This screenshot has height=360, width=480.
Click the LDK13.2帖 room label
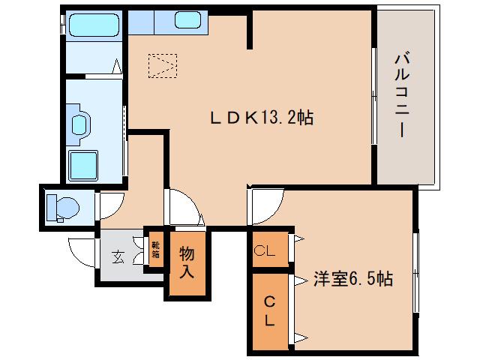click(x=261, y=118)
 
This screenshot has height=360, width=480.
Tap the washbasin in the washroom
click(x=78, y=122)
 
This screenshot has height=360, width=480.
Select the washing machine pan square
click(x=84, y=165)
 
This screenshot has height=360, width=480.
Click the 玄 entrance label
click(x=118, y=256)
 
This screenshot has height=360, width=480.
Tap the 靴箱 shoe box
click(x=155, y=249)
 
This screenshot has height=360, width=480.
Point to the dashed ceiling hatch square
click(x=163, y=65)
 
